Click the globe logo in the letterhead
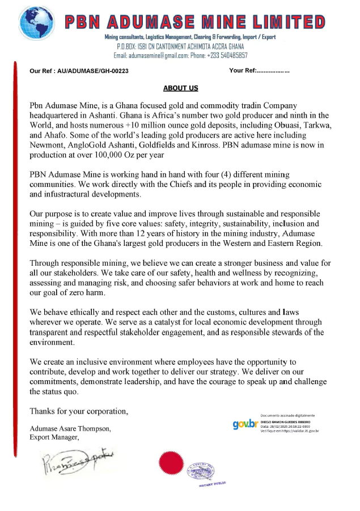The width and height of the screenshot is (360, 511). point(39,22)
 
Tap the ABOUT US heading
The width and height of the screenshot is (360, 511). point(180,88)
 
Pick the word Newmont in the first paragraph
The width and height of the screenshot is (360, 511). point(46,145)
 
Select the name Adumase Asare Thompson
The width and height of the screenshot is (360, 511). point(70,428)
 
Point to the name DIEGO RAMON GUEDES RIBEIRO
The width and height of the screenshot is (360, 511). point(289,422)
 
